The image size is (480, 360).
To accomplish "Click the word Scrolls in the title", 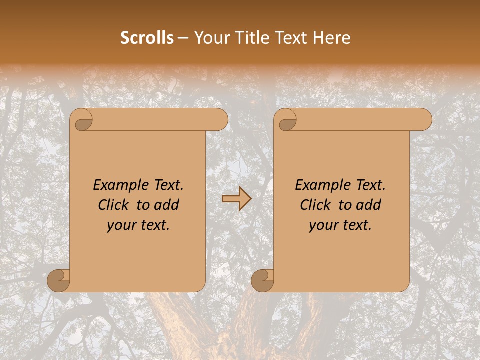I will click(147, 38).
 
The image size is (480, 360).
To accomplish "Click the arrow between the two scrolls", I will click(236, 199).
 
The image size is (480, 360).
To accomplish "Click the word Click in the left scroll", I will click(113, 205).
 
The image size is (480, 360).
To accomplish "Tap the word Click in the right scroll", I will click(315, 205).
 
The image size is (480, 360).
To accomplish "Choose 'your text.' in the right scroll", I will click(340, 225).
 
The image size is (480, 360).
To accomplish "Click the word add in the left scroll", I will click(167, 205).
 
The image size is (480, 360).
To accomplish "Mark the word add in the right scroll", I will click(369, 205).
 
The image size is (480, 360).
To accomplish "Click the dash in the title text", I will click(183, 38).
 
